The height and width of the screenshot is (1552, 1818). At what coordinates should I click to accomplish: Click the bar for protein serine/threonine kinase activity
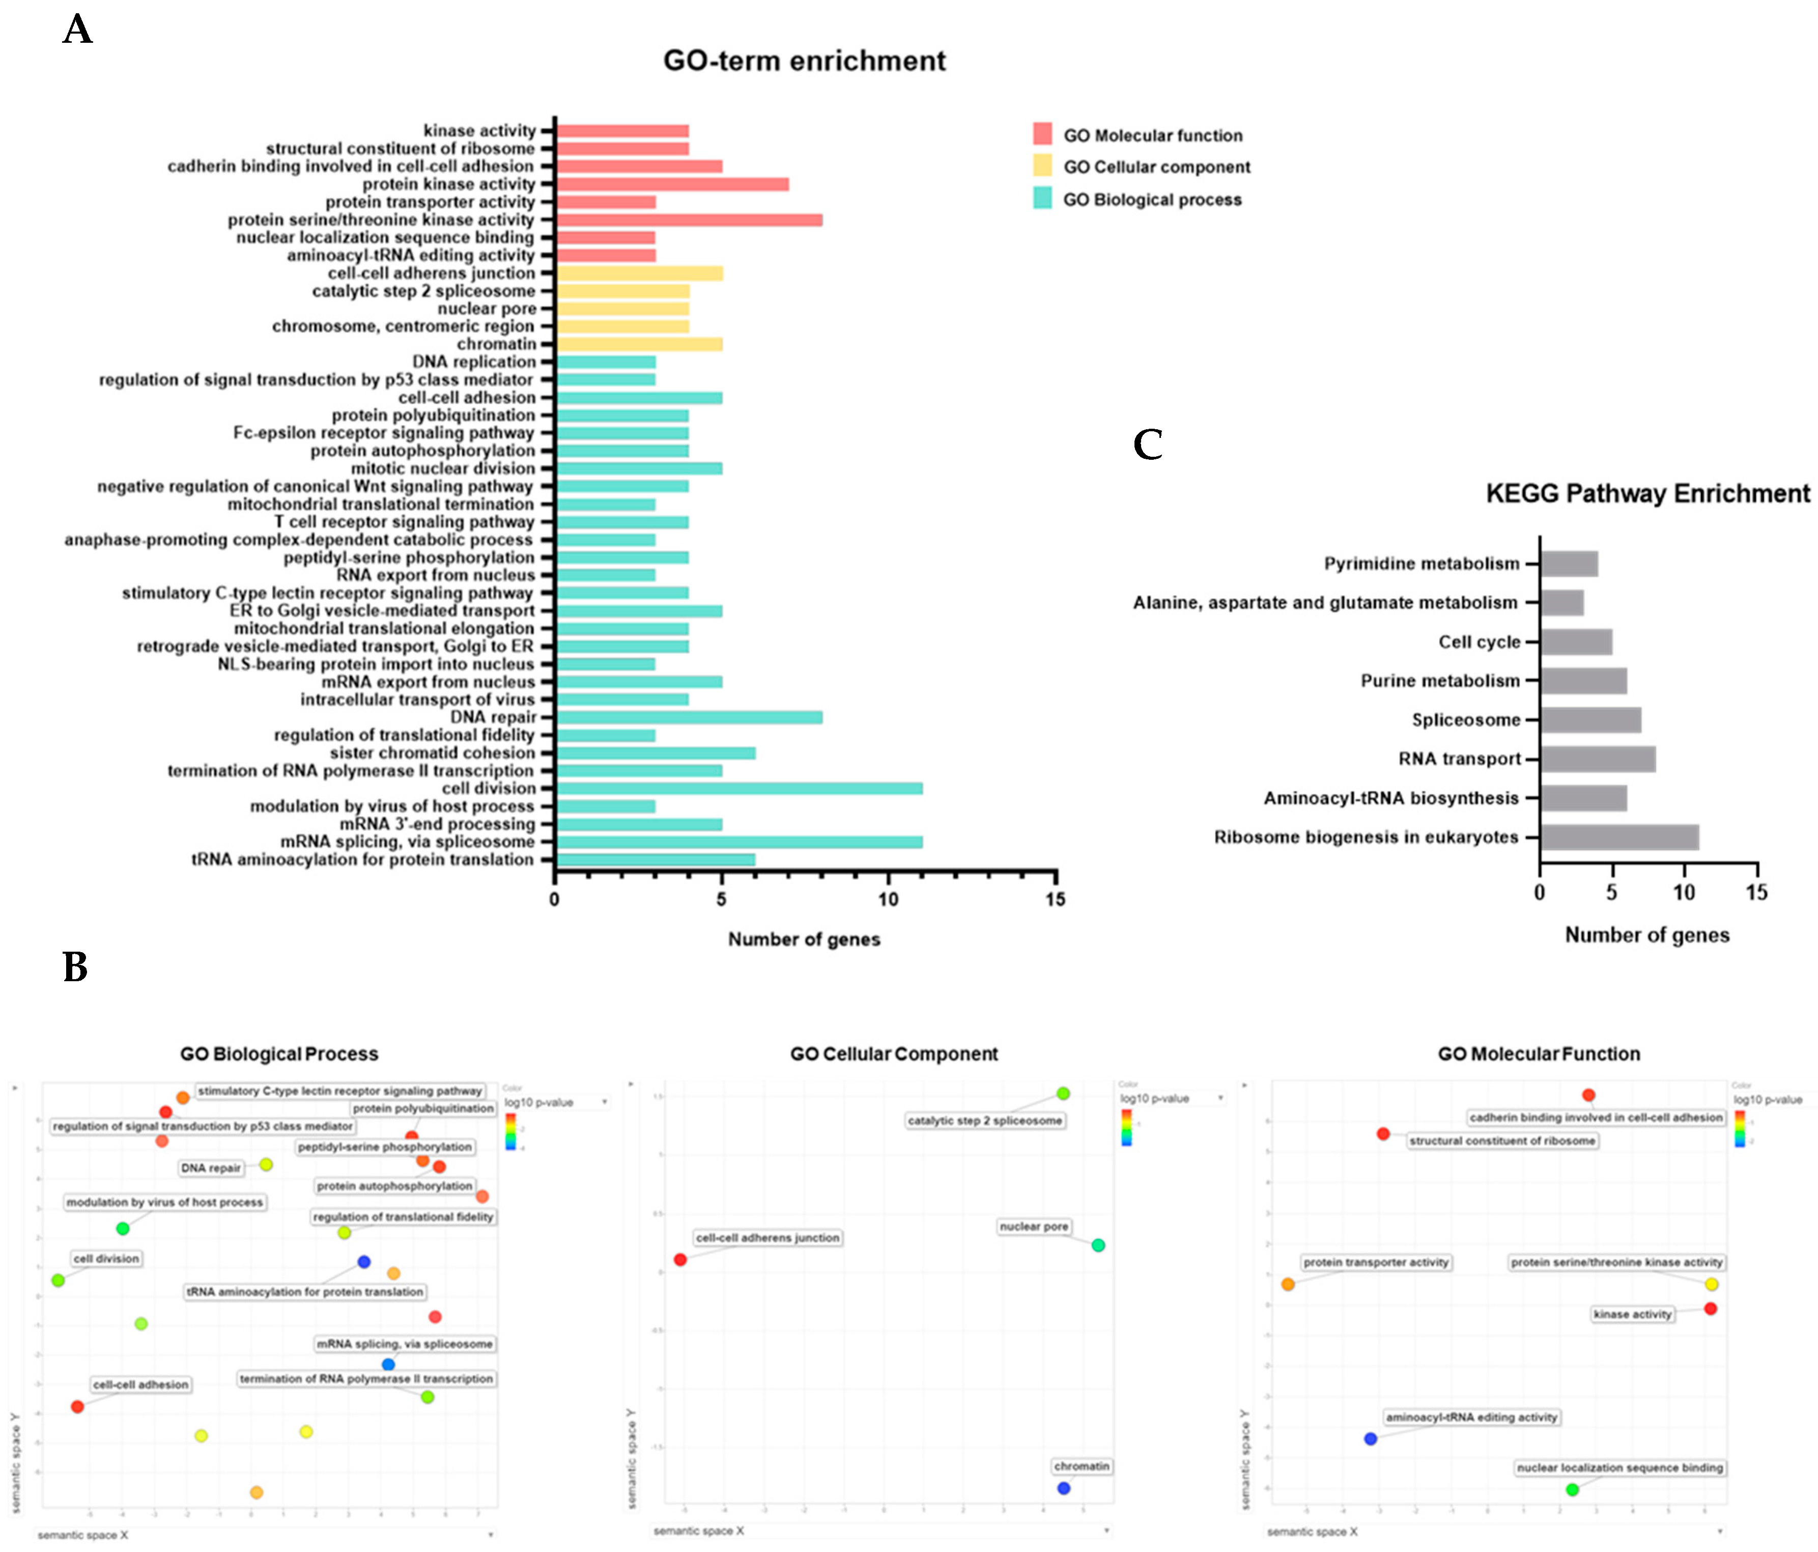coord(689,219)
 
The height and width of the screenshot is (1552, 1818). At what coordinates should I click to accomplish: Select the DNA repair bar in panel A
coord(689,717)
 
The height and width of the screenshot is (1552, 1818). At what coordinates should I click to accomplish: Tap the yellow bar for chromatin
coord(639,344)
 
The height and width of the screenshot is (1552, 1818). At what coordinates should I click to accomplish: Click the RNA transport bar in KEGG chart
coord(1598,759)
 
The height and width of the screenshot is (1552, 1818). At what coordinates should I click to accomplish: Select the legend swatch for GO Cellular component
coord(1042,166)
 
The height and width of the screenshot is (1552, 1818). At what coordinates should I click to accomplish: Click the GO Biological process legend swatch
coord(1042,199)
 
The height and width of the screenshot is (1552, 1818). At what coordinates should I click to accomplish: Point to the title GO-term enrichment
coord(804,61)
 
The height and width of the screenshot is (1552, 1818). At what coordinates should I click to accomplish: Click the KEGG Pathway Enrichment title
coord(1647,493)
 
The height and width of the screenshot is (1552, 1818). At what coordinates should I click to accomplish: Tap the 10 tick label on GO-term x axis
coord(888,899)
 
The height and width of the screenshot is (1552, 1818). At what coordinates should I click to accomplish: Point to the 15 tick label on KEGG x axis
coord(1756,893)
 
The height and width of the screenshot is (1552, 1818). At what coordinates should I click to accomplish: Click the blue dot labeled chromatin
coord(1063,1488)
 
